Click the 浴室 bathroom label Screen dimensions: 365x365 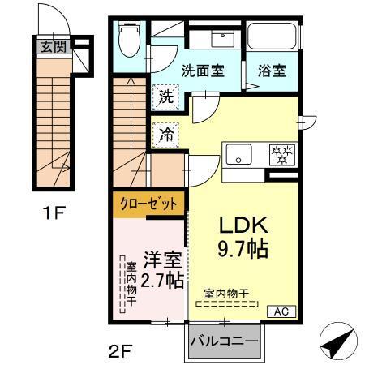[273, 70]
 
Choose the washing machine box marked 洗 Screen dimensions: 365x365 [165, 95]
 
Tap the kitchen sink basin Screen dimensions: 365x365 [241, 153]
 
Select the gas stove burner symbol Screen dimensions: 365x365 [281, 153]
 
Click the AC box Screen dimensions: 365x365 [278, 311]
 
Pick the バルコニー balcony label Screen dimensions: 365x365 [225, 341]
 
